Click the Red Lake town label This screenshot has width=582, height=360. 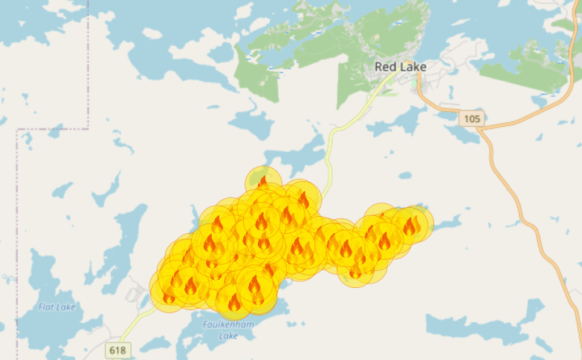(400, 66)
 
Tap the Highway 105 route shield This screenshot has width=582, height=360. (473, 119)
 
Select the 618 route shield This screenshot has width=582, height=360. (118, 349)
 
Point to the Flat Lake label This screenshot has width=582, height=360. (56, 307)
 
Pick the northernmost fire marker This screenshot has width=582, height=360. (263, 181)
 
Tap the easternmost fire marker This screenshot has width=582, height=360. (411, 225)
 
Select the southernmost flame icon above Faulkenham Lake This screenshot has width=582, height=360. (234, 303)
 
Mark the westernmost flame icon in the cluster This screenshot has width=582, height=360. (169, 296)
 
